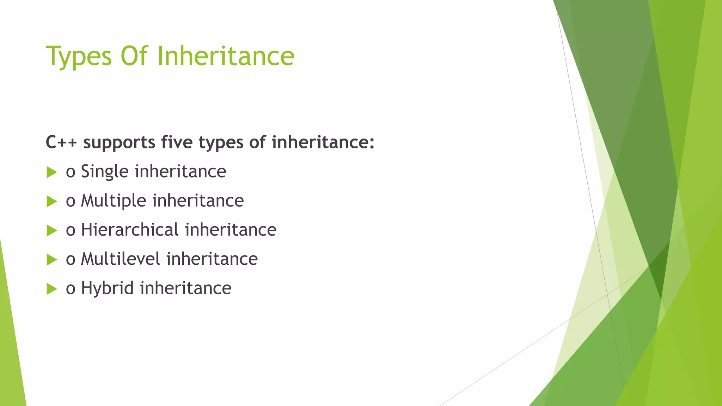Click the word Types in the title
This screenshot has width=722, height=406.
[x=79, y=56]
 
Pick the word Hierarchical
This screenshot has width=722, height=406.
[x=130, y=230]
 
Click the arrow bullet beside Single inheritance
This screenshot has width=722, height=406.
[x=51, y=172]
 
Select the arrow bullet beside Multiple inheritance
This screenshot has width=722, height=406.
[x=51, y=202]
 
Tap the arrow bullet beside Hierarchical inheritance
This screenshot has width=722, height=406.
[x=51, y=231]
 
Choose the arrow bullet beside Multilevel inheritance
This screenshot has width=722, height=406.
[x=51, y=260]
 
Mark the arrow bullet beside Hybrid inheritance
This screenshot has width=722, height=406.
[x=51, y=289]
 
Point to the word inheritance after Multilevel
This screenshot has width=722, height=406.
[x=212, y=259]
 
